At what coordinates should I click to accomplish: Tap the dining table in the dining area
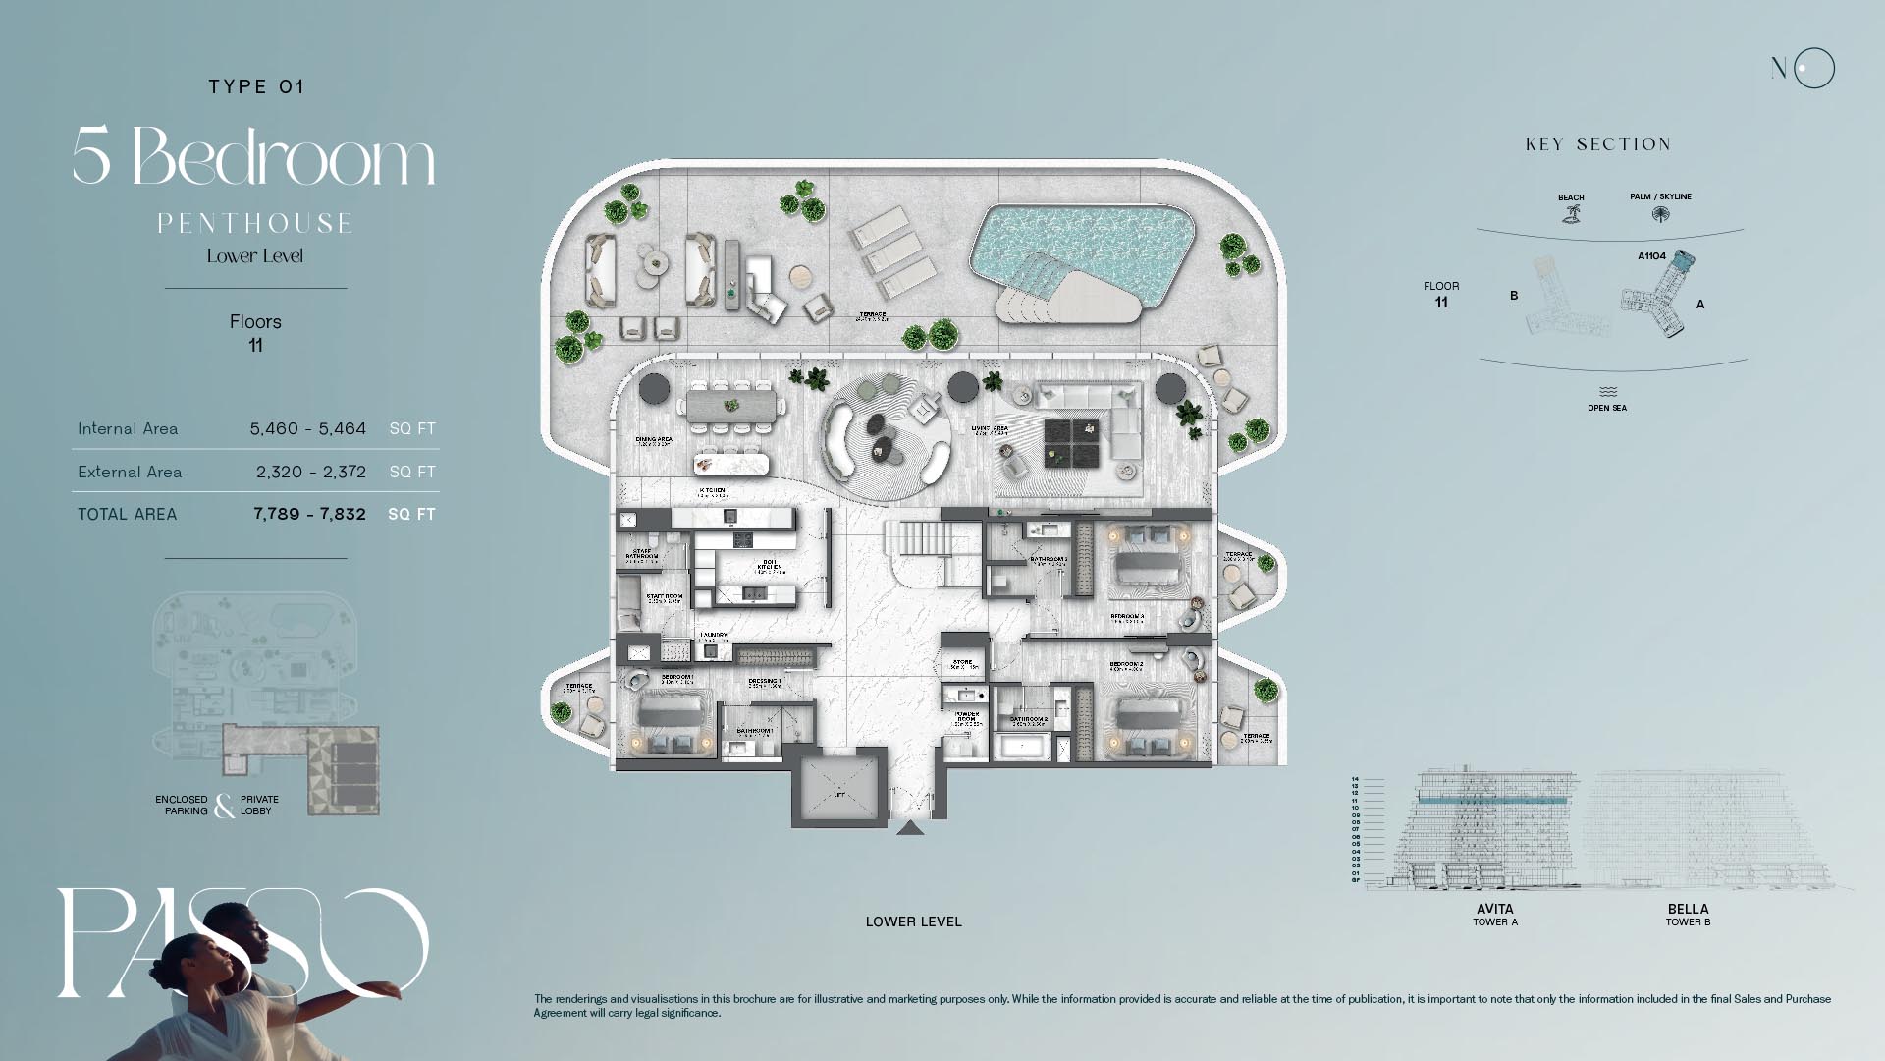coord(735,406)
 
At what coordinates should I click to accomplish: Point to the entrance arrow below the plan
coord(910,828)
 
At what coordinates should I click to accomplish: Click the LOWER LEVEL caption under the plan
coord(913,921)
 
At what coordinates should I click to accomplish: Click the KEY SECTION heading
coord(1597,144)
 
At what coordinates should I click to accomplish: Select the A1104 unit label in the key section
coord(1651,256)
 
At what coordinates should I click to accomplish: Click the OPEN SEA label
coord(1606,408)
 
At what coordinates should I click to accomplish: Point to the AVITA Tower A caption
coord(1494,915)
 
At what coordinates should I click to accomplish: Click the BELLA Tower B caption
coord(1688,915)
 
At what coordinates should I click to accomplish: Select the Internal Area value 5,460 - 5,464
coord(307,428)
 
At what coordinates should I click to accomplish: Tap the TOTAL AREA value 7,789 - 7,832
coord(309,514)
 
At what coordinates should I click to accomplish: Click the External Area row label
coord(130,472)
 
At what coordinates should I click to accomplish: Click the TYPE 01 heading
coord(256,86)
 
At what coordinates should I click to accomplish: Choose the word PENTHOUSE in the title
coord(255,224)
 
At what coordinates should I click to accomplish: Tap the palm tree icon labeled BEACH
coord(1571,213)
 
